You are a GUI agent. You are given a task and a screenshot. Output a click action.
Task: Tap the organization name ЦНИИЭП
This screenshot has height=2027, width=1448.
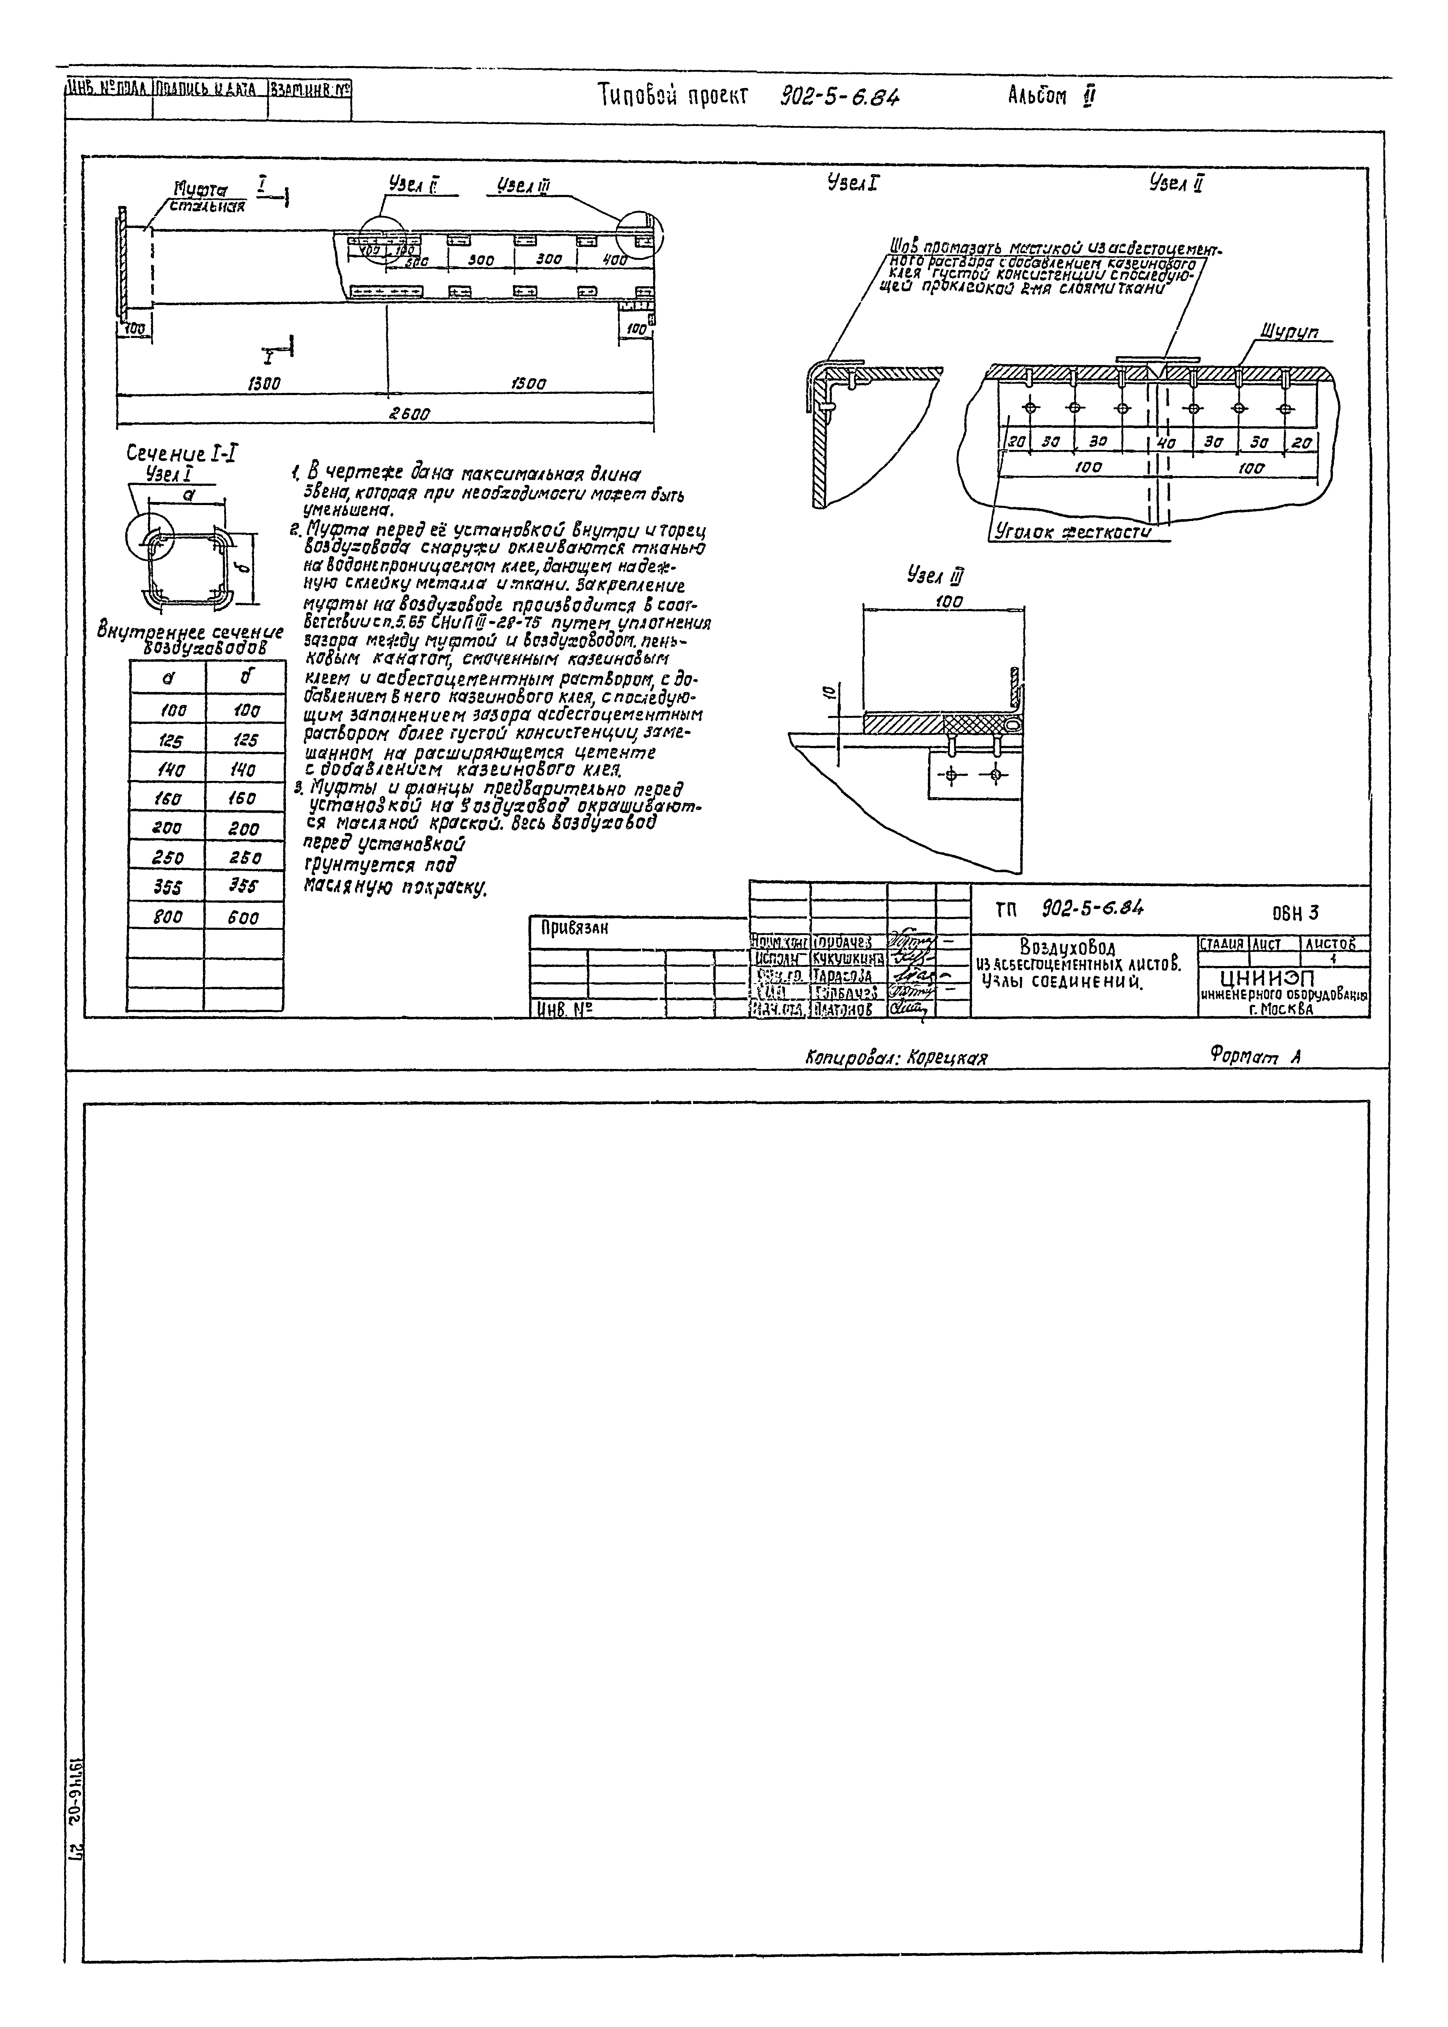click(1271, 978)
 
